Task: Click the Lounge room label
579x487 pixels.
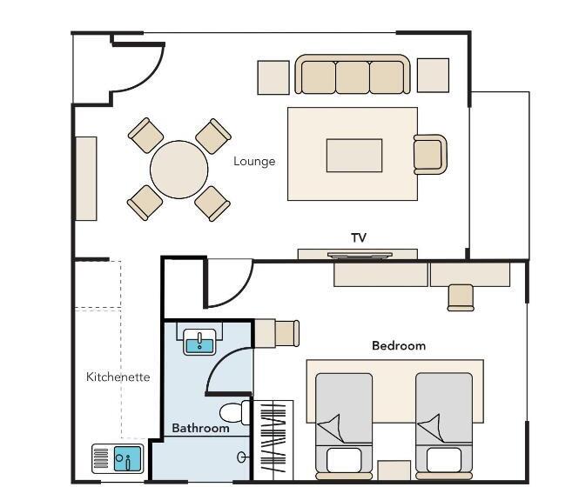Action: (x=254, y=162)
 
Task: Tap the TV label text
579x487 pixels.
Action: (x=359, y=238)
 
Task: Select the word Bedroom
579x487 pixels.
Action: (x=399, y=346)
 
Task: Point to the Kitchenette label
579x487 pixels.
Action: (x=118, y=377)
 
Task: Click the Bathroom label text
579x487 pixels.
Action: (x=200, y=428)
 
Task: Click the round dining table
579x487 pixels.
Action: (x=179, y=170)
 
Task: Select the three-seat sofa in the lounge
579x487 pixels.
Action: (x=353, y=74)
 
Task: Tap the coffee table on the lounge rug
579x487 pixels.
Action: (x=354, y=156)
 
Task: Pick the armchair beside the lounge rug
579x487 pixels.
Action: (x=430, y=154)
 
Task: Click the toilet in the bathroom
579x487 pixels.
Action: (x=235, y=412)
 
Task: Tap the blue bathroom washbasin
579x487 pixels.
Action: (x=199, y=342)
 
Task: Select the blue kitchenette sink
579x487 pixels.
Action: (x=128, y=458)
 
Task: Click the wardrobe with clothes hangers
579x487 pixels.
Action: (x=273, y=440)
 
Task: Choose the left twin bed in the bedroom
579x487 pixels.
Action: (x=344, y=426)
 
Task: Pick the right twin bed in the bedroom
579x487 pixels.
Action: (x=444, y=426)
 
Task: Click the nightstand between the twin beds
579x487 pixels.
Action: (x=394, y=470)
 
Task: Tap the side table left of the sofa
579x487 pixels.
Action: (x=273, y=77)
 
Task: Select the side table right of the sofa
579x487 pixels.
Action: (x=433, y=76)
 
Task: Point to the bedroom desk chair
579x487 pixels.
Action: (x=461, y=297)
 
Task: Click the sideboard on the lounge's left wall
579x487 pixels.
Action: (x=86, y=179)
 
